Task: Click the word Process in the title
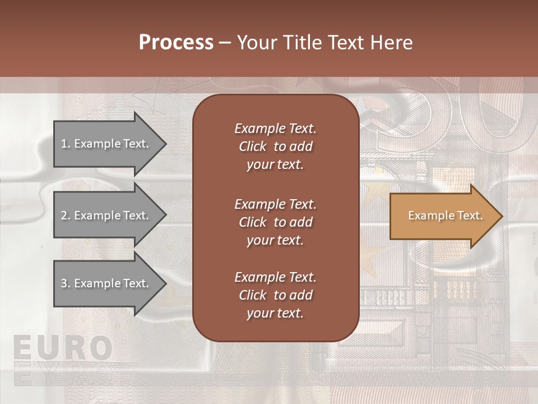(x=176, y=43)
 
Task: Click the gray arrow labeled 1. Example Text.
(x=106, y=144)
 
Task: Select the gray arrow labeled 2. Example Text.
(x=106, y=215)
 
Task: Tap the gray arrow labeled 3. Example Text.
(x=106, y=283)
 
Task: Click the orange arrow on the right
(x=443, y=216)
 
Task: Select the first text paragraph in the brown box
(x=275, y=146)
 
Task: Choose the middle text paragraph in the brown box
(x=275, y=222)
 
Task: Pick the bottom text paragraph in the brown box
(x=275, y=295)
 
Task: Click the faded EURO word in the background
(x=62, y=348)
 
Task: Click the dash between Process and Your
(x=225, y=43)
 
